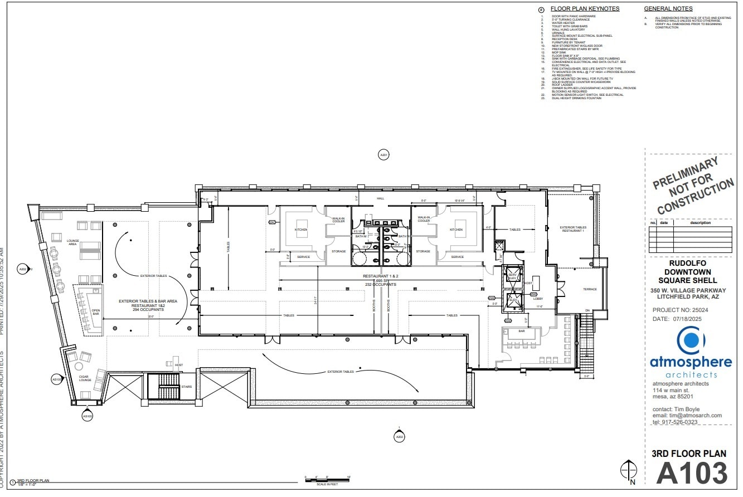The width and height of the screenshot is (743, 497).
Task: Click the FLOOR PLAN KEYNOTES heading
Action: tap(585, 9)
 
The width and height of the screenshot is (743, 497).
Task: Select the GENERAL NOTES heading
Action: tap(668, 9)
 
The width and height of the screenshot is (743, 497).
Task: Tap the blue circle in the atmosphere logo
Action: tap(691, 340)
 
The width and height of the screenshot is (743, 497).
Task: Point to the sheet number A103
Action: tap(691, 474)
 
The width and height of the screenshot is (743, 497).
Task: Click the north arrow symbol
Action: tap(629, 471)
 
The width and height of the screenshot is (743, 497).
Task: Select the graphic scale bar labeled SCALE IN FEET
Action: tap(327, 478)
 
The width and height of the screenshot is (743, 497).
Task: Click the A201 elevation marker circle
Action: tap(383, 155)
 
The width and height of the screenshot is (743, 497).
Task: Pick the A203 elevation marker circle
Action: tap(399, 437)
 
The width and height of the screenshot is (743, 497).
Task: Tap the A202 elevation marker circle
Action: tap(23, 269)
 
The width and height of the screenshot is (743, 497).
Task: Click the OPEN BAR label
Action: tap(95, 314)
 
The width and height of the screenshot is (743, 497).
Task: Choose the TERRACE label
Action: tap(590, 289)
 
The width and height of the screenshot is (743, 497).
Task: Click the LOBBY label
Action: tap(538, 299)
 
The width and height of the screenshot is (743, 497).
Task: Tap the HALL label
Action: tap(381, 198)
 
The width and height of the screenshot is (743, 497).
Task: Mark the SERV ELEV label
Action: tap(511, 277)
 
